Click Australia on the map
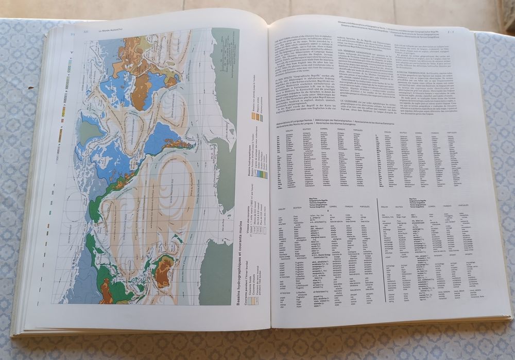164,271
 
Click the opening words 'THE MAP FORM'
284,38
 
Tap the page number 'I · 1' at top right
452,32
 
